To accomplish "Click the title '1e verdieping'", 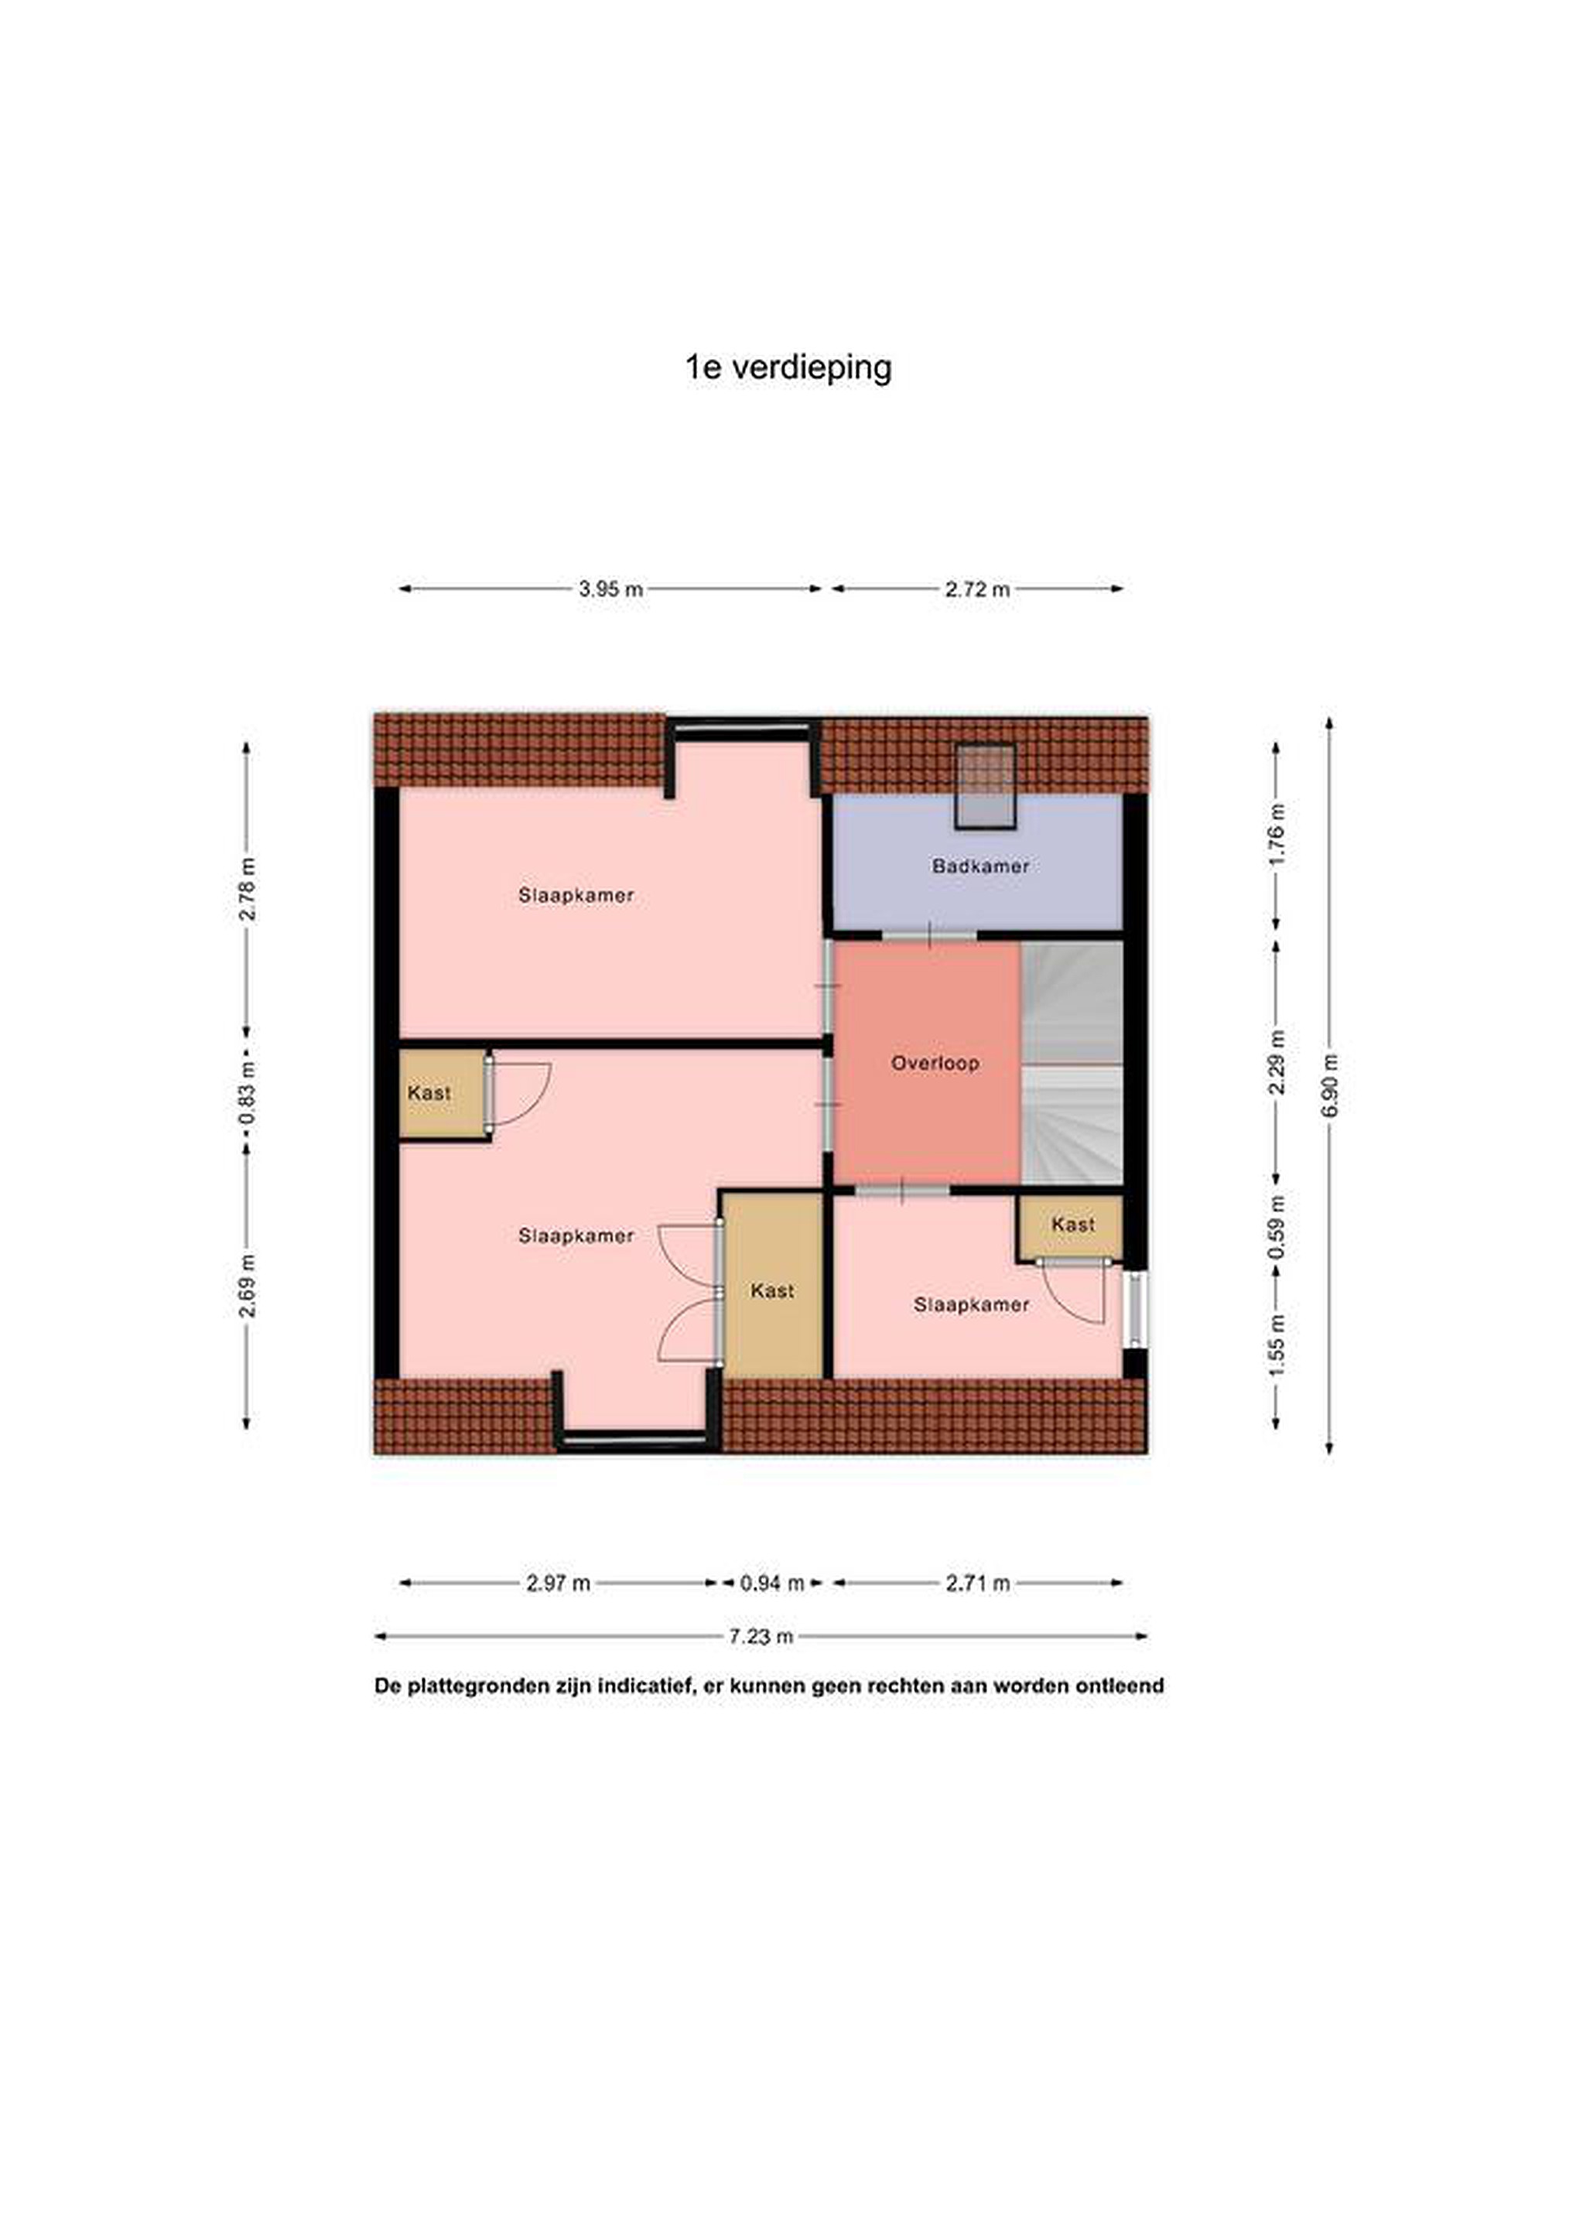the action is point(788,367).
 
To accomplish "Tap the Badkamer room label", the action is point(980,866).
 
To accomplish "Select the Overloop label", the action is point(935,1063).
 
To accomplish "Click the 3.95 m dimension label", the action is point(611,589).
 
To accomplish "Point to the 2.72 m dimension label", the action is point(977,589).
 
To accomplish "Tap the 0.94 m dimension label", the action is point(772,1583).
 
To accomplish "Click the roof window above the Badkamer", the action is point(985,787).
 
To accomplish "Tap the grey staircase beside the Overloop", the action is point(1072,1063).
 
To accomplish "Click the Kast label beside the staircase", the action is point(1073,1225).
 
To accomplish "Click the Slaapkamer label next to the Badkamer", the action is point(576,895).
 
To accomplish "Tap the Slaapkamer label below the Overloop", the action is point(972,1305).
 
